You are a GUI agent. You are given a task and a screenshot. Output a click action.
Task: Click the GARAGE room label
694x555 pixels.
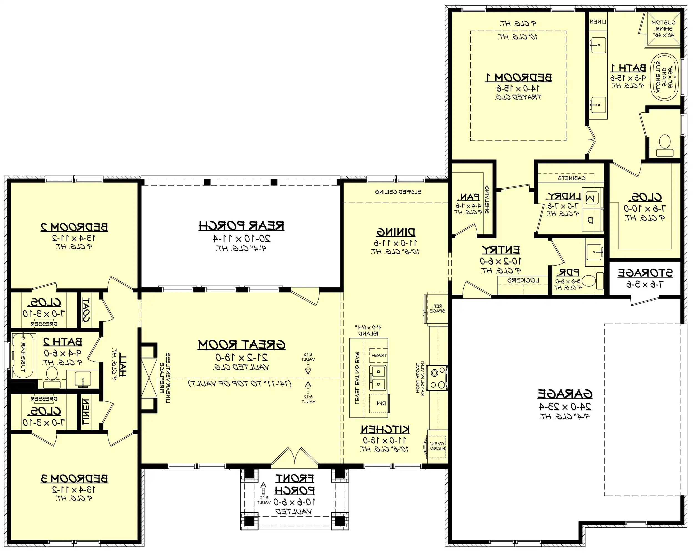[565, 393]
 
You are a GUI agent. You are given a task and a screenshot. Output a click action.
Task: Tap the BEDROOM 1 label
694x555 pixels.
[518, 78]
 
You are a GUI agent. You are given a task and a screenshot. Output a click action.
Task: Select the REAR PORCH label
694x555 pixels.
[241, 226]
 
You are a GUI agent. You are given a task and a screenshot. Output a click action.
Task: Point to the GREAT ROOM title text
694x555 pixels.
[241, 345]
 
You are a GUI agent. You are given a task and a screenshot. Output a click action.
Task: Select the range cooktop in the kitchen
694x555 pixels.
[438, 379]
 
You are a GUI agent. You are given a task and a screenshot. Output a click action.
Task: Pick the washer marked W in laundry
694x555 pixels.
[591, 197]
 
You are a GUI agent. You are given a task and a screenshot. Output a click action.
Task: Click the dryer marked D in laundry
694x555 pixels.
[591, 220]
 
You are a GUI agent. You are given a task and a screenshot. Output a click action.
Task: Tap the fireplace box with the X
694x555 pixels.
[149, 378]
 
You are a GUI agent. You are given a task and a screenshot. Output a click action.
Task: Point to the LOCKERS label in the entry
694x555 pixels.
[523, 280]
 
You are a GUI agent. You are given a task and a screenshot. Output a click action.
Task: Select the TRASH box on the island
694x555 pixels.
[378, 355]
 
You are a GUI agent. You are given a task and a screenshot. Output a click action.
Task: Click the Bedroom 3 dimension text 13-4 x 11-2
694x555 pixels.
[74, 490]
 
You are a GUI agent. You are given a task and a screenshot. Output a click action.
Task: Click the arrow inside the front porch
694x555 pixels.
[263, 488]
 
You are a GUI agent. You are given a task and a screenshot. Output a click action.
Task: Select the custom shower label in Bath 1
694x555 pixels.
[663, 29]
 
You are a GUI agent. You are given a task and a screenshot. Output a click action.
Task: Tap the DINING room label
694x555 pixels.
[396, 232]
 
